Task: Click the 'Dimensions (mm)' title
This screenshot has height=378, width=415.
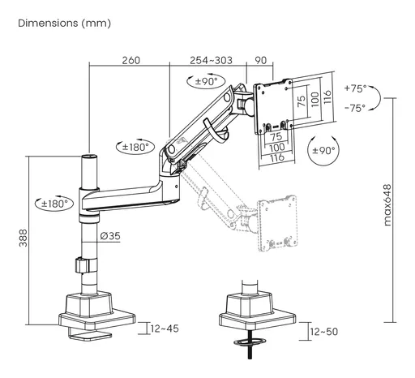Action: click(64, 24)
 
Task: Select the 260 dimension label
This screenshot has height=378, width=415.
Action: click(131, 60)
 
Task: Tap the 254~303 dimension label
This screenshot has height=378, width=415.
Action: click(211, 60)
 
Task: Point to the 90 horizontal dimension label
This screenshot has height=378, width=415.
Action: click(260, 60)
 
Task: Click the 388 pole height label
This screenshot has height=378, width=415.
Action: click(24, 238)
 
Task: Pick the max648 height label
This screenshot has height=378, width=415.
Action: click(387, 205)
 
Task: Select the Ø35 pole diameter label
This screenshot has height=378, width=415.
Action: click(110, 236)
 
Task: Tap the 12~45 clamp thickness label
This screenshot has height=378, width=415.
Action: click(165, 329)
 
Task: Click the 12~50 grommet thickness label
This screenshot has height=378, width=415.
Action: click(324, 332)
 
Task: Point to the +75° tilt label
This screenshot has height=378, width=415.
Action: click(356, 88)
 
